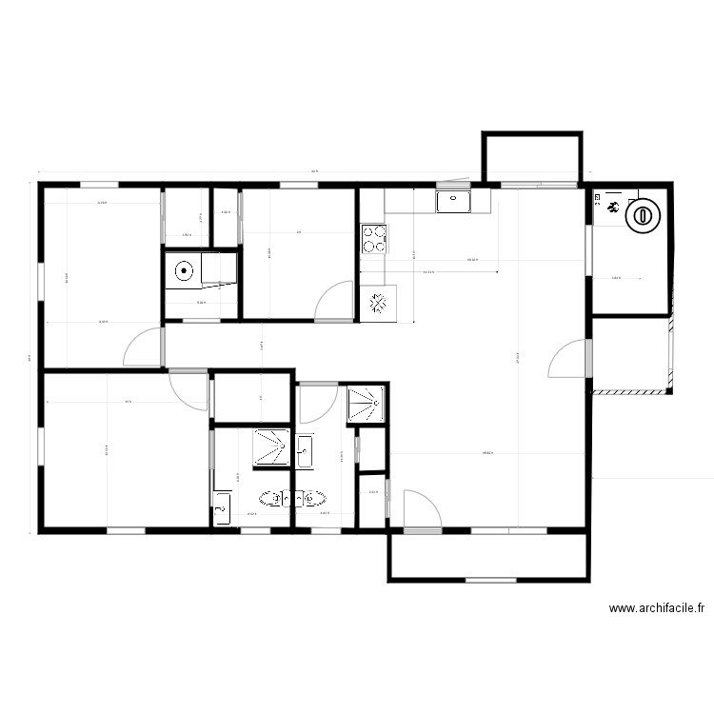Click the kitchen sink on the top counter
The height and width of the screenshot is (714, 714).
point(454,201)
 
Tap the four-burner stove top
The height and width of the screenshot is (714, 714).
point(373,238)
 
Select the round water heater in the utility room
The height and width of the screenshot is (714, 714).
point(645,215)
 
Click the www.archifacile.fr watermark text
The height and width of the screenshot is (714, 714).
point(656,607)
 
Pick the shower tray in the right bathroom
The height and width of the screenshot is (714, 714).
point(366,403)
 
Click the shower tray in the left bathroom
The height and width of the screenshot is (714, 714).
point(271,446)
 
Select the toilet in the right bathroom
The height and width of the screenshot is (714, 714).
point(314,498)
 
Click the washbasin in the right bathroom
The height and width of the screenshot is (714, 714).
point(306,450)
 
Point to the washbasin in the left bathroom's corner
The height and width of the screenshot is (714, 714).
point(223,506)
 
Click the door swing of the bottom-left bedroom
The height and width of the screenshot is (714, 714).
point(188,391)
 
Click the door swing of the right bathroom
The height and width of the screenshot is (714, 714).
point(317,403)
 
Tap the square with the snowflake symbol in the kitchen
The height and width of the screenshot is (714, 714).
point(378,302)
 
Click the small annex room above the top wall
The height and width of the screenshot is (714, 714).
point(532,157)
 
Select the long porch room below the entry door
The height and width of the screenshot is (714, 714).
point(490,556)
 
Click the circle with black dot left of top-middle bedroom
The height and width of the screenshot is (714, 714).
point(182,270)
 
